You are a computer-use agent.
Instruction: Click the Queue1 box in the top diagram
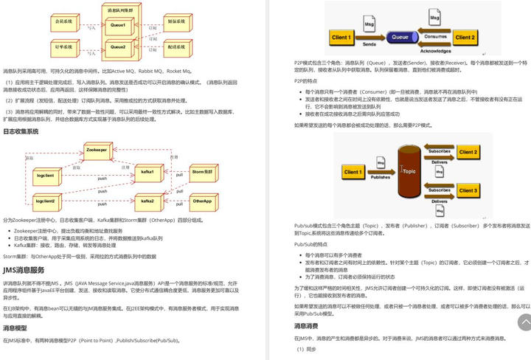point(118,26)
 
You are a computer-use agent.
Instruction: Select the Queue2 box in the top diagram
point(118,46)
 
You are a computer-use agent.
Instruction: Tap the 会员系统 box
point(65,23)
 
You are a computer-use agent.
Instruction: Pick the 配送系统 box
point(177,46)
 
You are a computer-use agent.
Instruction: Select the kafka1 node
point(148,172)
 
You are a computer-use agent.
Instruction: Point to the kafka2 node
point(148,201)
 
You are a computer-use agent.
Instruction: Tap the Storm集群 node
point(201,172)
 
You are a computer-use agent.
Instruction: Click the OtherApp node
point(201,201)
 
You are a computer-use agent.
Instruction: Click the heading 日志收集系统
point(21,131)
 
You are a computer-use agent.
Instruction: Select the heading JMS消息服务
point(24,270)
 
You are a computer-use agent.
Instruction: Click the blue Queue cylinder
point(400,36)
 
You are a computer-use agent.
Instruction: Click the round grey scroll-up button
point(524,322)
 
